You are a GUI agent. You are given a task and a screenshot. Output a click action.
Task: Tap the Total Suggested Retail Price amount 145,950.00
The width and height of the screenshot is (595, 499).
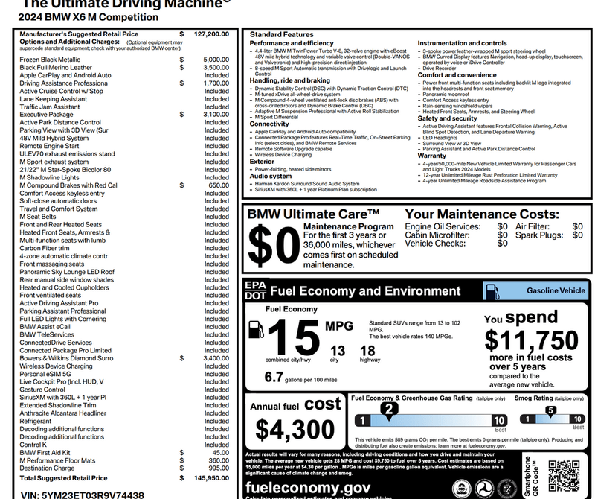(x=211, y=478)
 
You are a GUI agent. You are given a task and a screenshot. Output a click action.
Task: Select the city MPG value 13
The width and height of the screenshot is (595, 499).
(x=338, y=351)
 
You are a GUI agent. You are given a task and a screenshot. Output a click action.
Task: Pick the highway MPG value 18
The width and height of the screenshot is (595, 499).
(x=367, y=351)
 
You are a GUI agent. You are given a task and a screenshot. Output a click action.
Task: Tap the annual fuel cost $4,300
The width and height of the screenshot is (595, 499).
(x=295, y=430)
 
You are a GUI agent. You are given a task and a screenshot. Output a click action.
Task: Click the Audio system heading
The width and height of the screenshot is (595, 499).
(x=271, y=177)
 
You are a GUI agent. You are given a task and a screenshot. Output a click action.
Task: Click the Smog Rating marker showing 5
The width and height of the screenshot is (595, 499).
(x=550, y=410)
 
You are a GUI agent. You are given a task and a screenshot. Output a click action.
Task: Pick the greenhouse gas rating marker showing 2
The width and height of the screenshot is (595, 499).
(x=387, y=409)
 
